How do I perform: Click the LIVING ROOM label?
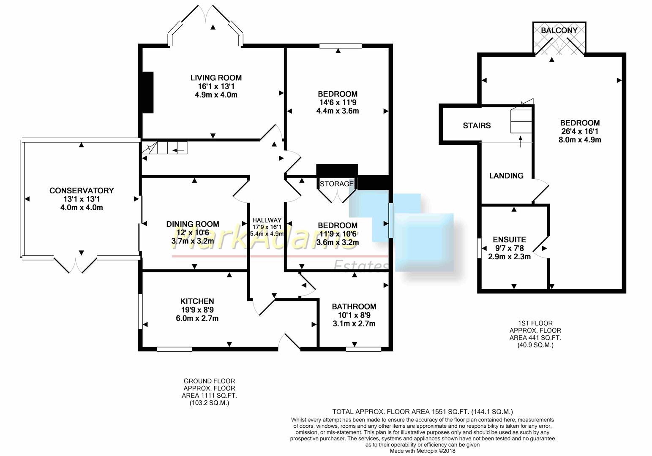click(216, 78)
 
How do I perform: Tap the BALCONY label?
click(559, 30)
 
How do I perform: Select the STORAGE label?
click(337, 184)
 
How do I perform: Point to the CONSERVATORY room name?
click(82, 190)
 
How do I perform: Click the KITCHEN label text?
click(197, 301)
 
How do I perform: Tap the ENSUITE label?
click(509, 240)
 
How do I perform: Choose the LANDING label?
click(507, 176)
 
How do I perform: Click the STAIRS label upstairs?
click(477, 126)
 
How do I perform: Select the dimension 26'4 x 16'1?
click(580, 131)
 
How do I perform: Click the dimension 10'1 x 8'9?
click(354, 315)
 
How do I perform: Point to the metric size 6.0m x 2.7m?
click(197, 318)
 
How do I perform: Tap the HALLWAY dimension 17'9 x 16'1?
click(266, 227)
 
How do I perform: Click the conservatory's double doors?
click(75, 265)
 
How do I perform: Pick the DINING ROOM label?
click(193, 224)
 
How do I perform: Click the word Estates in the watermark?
click(360, 266)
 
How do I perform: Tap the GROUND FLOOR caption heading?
click(209, 381)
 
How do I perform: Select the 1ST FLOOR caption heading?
click(535, 323)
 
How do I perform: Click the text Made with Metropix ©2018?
click(423, 451)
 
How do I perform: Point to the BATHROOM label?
click(354, 307)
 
